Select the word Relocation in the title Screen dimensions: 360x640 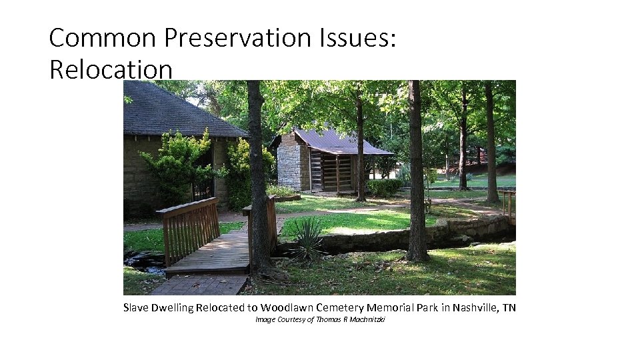pos(111,69)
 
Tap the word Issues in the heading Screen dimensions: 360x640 pos(360,39)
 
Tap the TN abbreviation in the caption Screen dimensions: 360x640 pos(509,307)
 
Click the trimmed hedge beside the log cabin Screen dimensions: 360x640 pos(384,187)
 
